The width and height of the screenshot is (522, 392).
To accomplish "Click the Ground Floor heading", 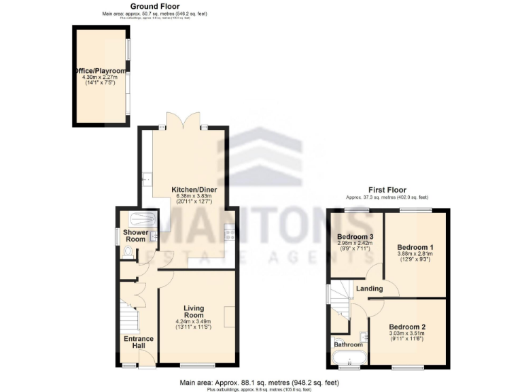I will (x=136, y=6).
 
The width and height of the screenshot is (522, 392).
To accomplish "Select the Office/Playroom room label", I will (x=100, y=71).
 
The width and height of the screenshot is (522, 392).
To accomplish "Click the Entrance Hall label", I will (x=139, y=342).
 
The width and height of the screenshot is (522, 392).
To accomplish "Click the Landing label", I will (x=368, y=289).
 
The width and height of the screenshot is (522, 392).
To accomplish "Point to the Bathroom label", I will (x=348, y=344).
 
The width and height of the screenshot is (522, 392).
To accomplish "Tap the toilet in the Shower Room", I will (x=128, y=251).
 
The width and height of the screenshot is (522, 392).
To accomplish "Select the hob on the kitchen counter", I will (x=230, y=235).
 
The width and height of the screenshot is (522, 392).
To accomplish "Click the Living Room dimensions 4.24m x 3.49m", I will (x=194, y=321).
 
